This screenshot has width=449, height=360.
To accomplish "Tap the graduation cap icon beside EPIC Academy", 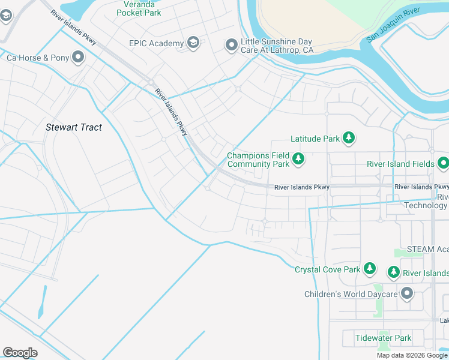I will [x=193, y=43].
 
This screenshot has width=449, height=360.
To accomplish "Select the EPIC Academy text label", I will [x=156, y=43].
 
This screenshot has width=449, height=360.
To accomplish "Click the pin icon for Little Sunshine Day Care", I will [x=232, y=46].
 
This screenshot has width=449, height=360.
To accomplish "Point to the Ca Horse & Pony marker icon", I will [x=78, y=58].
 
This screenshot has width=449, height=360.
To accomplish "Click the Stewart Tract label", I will [x=74, y=127].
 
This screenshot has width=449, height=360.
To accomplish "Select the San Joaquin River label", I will [x=393, y=26].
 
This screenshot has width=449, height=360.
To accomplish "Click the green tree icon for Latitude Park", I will [x=349, y=139].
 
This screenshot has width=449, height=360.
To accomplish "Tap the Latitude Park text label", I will [x=315, y=139].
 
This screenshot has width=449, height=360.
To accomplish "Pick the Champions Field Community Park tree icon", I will [x=298, y=160].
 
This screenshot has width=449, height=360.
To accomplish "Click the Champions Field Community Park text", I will [x=258, y=160].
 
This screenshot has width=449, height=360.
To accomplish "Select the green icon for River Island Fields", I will [x=443, y=163].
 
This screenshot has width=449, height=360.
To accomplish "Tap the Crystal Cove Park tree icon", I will [x=370, y=269].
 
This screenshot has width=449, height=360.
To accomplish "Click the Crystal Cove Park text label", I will [x=328, y=269].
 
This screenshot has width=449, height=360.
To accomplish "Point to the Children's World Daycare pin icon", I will [x=407, y=293].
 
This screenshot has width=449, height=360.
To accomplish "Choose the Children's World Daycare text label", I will [x=351, y=294].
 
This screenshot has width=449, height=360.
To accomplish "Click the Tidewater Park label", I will [x=383, y=338].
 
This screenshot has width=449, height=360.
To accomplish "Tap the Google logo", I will [x=20, y=353].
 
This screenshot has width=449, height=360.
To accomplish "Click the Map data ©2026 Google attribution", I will [x=412, y=355].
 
